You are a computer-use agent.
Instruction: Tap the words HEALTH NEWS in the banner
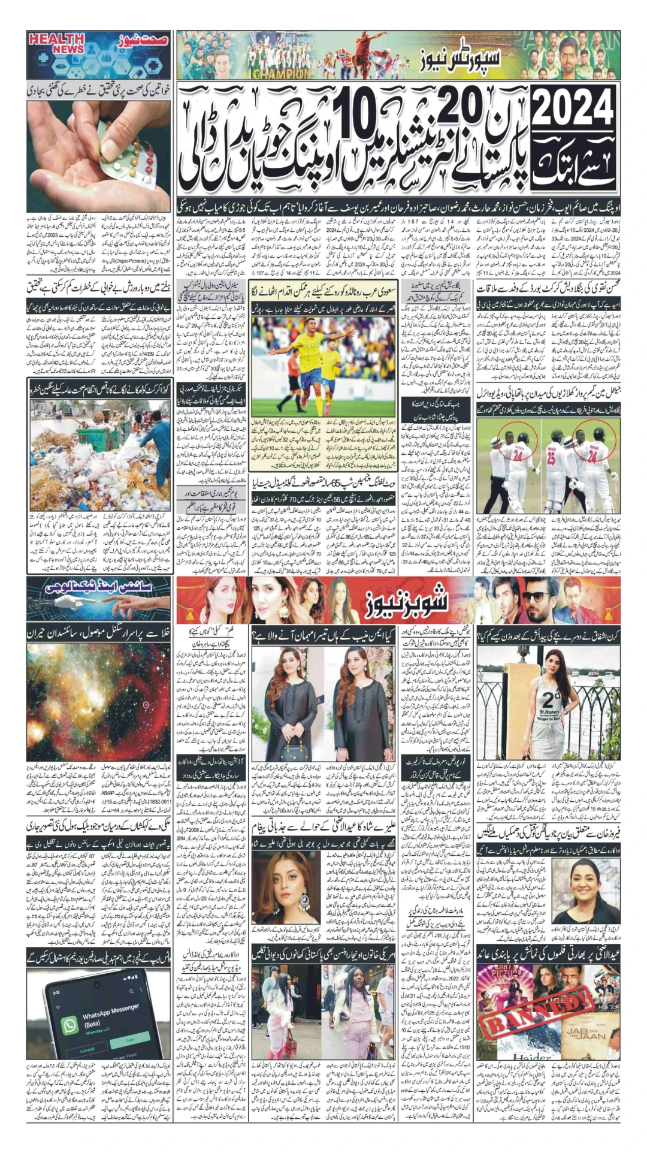point(56,44)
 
